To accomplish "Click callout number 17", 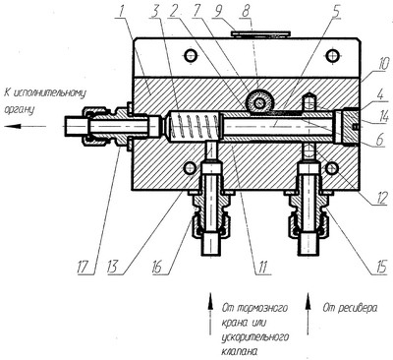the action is [x=84, y=267].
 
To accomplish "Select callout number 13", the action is [x=115, y=267].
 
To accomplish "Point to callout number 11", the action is [x=262, y=267].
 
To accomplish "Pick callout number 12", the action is [x=382, y=198].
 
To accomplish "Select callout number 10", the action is [x=382, y=63].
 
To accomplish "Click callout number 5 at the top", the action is [x=336, y=11].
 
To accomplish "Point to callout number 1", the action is [x=121, y=11].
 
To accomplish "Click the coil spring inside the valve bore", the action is [x=193, y=127].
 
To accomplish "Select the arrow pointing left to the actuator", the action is [x=26, y=126].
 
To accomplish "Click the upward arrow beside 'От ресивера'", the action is [x=308, y=314].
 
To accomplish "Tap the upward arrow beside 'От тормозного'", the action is [x=210, y=314].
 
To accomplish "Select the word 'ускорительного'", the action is [x=255, y=337].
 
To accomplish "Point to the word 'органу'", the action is [x=19, y=109].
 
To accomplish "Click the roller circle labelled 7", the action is [x=259, y=103].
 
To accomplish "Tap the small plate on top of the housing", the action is [x=260, y=33].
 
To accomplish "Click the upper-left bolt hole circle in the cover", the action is [x=191, y=55].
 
